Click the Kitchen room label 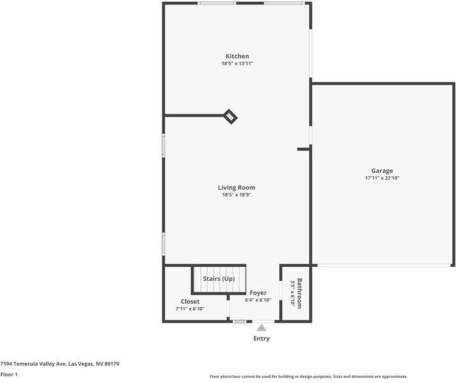click(x=237, y=56)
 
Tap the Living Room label click(x=237, y=188)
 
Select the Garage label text click(x=382, y=170)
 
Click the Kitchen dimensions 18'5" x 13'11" click(x=237, y=64)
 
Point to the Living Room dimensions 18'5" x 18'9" click(x=237, y=195)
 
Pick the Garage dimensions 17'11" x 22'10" click(x=382, y=178)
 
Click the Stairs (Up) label click(x=219, y=279)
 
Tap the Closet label click(x=190, y=301)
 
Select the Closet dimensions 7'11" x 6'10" click(x=190, y=309)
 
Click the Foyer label click(x=258, y=293)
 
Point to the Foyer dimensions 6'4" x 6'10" click(x=258, y=300)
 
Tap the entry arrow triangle click(x=261, y=327)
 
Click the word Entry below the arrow click(x=261, y=338)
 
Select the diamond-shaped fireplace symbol click(x=230, y=116)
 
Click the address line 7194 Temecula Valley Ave click(x=60, y=364)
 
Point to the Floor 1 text click(x=9, y=374)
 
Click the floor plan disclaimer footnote click(x=308, y=377)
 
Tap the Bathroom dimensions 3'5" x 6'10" click(x=293, y=293)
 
